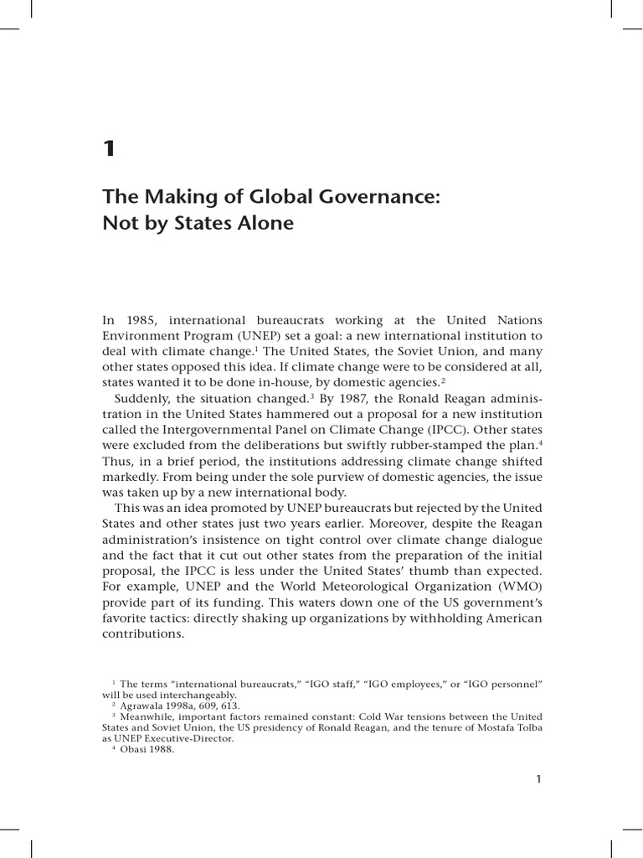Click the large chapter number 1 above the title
point(108,150)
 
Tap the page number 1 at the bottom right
point(539,779)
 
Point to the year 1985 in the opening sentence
point(137,321)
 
